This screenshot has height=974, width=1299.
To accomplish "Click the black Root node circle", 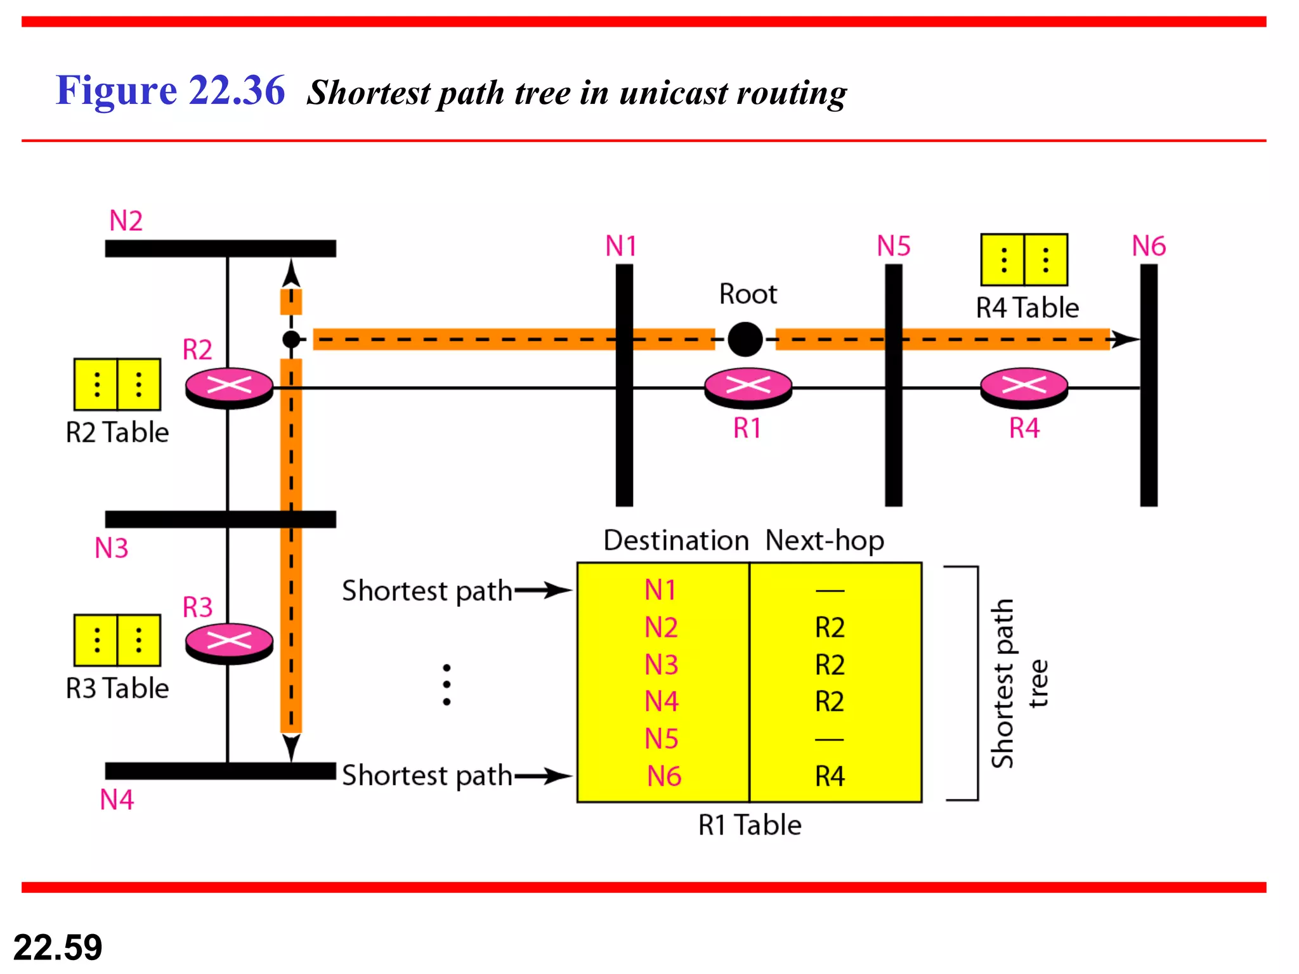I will coord(745,339).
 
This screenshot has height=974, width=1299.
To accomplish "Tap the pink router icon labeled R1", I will coord(748,386).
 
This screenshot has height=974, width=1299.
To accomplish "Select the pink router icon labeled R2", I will coord(229,386).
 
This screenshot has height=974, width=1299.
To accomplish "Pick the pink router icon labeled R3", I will coord(229,642).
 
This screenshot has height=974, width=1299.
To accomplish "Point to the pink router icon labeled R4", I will coord(1024,386).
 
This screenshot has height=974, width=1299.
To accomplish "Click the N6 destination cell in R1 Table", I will coord(663,776).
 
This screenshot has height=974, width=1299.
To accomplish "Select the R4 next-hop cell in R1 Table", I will coord(830,776).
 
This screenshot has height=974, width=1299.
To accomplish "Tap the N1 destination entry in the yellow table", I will coord(660,590).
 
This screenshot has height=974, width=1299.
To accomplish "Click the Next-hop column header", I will coord(824,540).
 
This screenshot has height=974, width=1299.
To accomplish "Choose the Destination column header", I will coord(676,540).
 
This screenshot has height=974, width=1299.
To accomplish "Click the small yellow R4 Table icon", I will coord(1024,259).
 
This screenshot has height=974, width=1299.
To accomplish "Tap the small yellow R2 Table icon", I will coord(117,384).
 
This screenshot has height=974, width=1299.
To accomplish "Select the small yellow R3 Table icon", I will coord(117,640).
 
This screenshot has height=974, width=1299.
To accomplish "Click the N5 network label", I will coord(893,246).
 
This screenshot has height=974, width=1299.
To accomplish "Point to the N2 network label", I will coord(126,221).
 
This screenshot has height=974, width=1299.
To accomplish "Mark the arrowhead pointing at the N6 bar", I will coord(1126,339).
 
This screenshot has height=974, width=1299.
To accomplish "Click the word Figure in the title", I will coord(115,90).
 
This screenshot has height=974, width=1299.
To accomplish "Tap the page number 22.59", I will coord(58,947).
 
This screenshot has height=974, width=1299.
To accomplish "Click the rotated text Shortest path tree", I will coord(1018,684).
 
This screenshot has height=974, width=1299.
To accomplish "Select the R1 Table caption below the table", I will coord(750,825).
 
